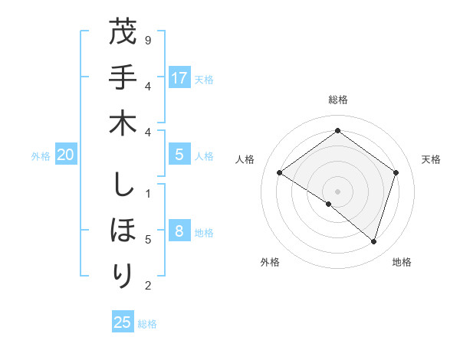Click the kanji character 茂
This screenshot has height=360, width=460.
point(123,34)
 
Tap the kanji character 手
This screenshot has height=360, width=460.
point(123,79)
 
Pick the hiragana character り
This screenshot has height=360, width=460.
point(123,273)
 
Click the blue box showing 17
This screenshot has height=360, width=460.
point(179,77)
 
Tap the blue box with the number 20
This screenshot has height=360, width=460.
point(65,155)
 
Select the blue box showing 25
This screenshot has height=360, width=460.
point(123,322)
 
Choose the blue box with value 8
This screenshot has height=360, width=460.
point(179,231)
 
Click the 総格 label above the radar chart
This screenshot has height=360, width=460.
point(337,100)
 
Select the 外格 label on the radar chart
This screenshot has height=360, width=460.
point(270,262)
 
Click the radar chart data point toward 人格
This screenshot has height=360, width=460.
point(279,173)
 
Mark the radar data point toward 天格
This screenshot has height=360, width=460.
point(396,172)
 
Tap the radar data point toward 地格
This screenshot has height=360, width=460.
point(373,241)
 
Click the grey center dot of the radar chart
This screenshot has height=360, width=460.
point(337,191)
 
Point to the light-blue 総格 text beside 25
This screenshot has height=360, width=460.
point(148,324)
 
